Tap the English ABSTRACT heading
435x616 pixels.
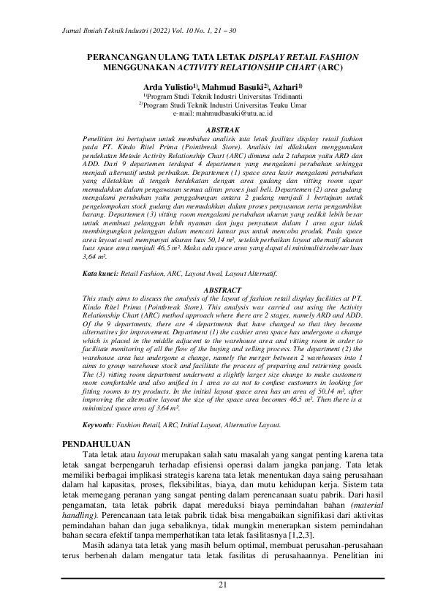click(x=217, y=290)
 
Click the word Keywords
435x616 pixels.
click(x=97, y=424)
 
